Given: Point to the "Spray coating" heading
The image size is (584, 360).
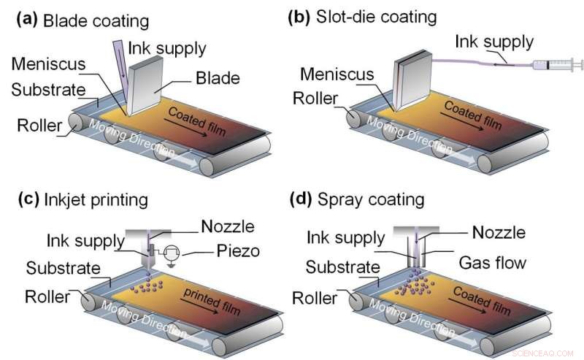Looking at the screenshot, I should (375, 199).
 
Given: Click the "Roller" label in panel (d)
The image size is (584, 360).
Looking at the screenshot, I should (316, 298).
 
